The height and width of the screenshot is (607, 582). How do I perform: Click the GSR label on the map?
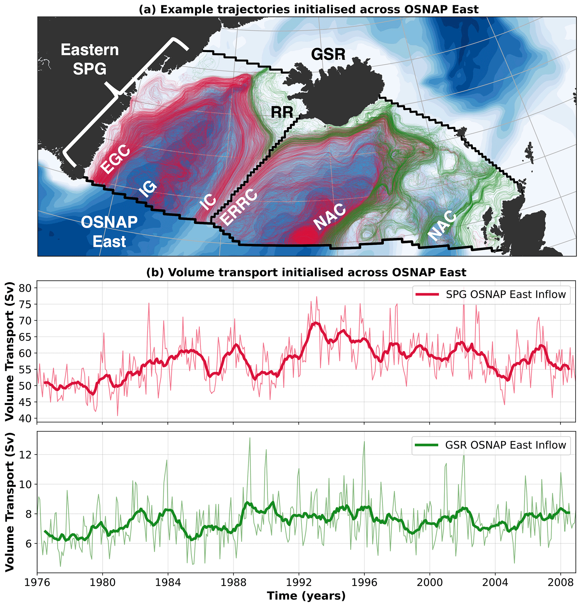(328, 55)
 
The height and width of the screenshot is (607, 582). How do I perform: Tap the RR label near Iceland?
(282, 112)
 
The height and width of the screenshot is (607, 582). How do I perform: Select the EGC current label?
(115, 159)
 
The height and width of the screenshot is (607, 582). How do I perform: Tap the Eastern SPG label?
(90, 59)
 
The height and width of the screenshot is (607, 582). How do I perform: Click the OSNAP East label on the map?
(109, 232)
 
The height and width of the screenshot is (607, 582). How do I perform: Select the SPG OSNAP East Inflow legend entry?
(491, 295)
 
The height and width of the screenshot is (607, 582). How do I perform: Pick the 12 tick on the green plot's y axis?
(26, 455)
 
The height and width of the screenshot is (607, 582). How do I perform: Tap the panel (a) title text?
(308, 10)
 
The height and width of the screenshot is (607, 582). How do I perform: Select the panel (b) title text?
(306, 273)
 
